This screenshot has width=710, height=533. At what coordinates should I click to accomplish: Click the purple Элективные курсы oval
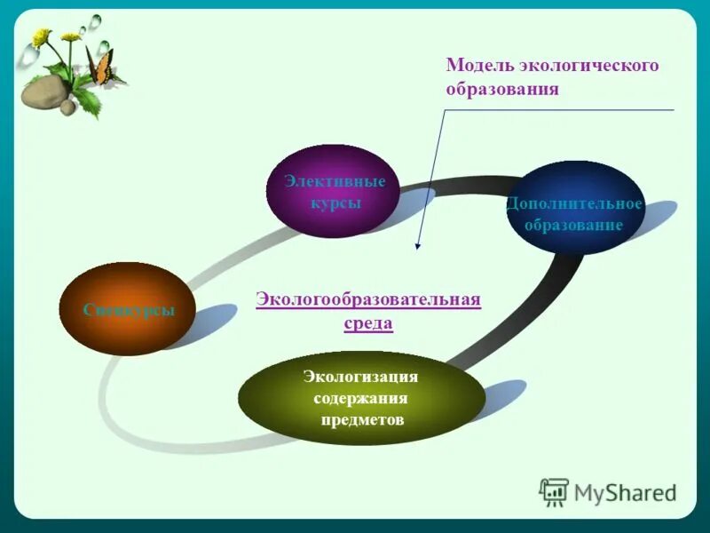(x=335, y=192)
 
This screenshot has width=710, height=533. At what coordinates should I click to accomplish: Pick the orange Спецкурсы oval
(x=127, y=309)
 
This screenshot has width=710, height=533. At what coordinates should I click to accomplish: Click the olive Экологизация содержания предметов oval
(x=361, y=397)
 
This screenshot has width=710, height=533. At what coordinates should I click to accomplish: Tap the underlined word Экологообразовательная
(x=367, y=299)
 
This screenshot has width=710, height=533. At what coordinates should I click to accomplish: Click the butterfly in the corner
(x=100, y=66)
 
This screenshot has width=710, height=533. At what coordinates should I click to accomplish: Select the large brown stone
(x=43, y=91)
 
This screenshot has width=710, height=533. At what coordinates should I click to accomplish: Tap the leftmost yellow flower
(x=41, y=37)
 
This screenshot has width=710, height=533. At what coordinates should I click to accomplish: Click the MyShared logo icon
(x=554, y=491)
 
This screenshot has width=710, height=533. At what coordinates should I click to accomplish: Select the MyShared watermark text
(x=625, y=492)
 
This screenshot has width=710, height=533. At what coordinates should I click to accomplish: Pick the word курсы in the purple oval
(x=335, y=203)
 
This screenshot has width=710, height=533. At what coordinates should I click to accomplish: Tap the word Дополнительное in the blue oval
(x=573, y=203)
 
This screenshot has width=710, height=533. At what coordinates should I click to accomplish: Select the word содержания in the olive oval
(x=360, y=398)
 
